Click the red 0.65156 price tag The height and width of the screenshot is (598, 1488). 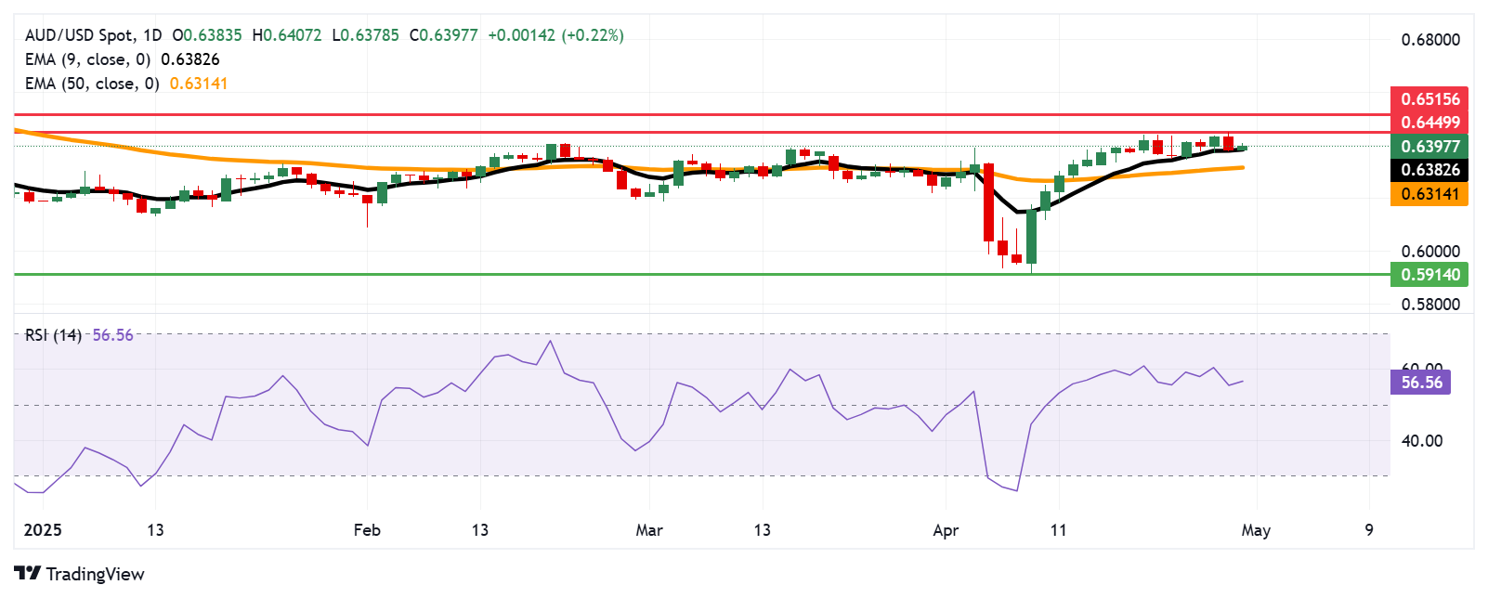tap(1429, 98)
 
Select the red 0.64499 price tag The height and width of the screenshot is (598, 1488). tap(1429, 122)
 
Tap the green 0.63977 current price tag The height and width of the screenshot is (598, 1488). tap(1429, 146)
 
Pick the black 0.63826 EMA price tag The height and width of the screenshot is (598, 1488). tap(1429, 170)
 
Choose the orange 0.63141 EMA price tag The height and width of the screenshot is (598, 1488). tap(1429, 194)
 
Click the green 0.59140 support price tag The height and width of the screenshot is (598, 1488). tap(1429, 274)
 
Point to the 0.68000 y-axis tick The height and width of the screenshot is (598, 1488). tap(1429, 40)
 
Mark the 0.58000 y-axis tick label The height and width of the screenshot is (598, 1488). tap(1429, 304)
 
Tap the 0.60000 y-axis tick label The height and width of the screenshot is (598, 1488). tap(1429, 252)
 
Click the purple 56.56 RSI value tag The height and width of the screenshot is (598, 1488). tap(1421, 382)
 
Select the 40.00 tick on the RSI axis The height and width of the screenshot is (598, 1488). tap(1421, 441)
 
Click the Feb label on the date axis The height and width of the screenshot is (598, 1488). tap(367, 530)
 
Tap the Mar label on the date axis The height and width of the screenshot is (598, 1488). tap(649, 530)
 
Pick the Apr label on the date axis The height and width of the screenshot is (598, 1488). tap(946, 530)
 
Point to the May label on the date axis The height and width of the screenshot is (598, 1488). tap(1256, 530)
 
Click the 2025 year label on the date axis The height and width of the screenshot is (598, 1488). tap(43, 530)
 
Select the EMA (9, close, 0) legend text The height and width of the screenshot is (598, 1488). tap(87, 59)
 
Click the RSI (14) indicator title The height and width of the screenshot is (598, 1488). tap(53, 335)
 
